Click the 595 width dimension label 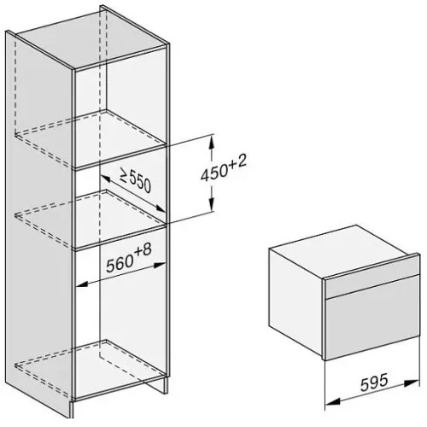[374, 383]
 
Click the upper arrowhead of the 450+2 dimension [211, 143]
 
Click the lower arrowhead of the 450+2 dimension [211, 204]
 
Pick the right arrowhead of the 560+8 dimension [160, 266]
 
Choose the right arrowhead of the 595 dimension [412, 383]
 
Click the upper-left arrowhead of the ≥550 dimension [105, 178]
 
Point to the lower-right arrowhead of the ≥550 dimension [160, 208]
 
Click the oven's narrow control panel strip [372, 286]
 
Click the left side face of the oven [296, 301]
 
